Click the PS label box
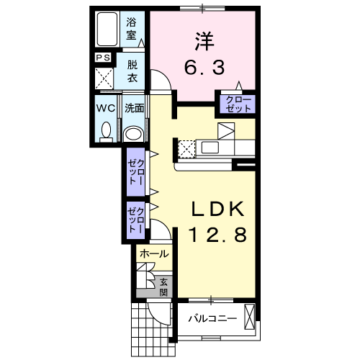[103, 58]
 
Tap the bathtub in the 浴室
[107, 29]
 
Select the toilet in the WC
[106, 132]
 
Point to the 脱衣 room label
[132, 71]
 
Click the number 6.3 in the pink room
[204, 67]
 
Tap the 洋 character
[204, 41]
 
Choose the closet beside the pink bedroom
[238, 104]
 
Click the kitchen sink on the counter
[210, 148]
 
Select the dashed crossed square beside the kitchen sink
[186, 149]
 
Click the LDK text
[218, 210]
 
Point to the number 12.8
[218, 235]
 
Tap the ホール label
[154, 254]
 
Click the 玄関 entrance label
[163, 287]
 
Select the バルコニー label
[212, 319]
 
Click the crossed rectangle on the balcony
[249, 317]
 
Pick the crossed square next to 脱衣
[104, 78]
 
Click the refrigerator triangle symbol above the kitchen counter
[226, 131]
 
